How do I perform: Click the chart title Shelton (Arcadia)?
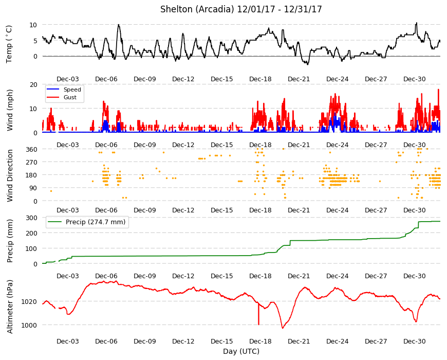[197, 9]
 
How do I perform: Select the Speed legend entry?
[64, 89]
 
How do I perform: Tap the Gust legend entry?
[62, 97]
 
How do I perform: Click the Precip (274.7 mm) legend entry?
[87, 222]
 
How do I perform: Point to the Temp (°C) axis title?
[9, 44]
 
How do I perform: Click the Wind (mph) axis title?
[10, 110]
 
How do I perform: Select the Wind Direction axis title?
[10, 176]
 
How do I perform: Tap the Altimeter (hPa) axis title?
[10, 307]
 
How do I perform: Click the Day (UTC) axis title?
[241, 351]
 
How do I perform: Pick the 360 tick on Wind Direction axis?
[31, 149]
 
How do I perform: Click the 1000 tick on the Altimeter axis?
[29, 325]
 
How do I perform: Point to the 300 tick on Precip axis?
[31, 218]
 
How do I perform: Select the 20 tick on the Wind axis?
[33, 84]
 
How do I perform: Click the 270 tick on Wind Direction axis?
[31, 163]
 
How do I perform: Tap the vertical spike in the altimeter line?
[258, 313]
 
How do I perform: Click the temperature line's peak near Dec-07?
[119, 25]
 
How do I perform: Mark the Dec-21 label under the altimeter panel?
[299, 341]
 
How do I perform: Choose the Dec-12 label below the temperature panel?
[183, 79]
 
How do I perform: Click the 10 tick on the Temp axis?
[33, 25]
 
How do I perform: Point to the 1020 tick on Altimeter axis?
[29, 301]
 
